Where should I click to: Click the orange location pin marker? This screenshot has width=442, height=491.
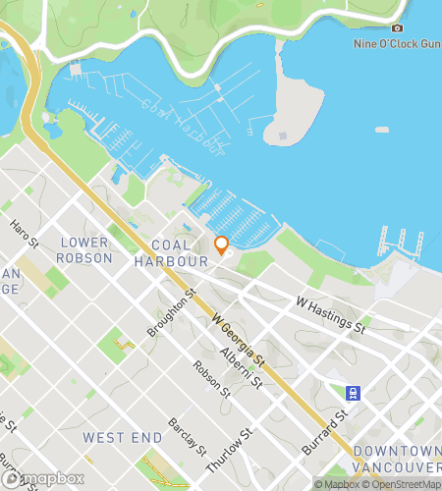(x=221, y=245)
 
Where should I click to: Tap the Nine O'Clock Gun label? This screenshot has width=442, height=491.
(x=396, y=44)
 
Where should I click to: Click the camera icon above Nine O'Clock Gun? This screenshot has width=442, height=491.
(x=397, y=28)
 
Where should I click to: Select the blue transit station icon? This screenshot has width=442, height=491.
(x=352, y=394)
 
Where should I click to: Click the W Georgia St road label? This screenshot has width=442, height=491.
(x=239, y=341)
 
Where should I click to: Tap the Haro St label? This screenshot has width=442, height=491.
(x=24, y=235)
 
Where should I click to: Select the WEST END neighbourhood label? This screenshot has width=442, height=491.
(x=121, y=436)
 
